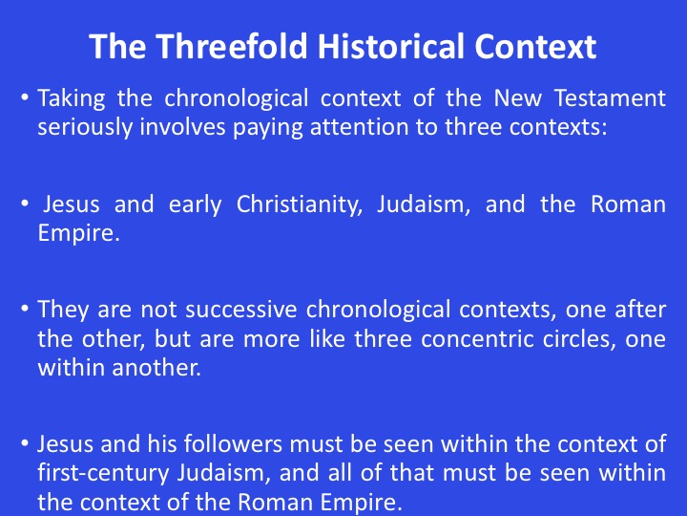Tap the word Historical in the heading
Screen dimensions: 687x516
pyautogui.click(x=391, y=46)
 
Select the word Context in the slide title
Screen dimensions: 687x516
pyautogui.click(x=535, y=46)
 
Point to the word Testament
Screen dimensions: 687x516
pyautogui.click(x=611, y=97)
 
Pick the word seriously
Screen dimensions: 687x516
pyautogui.click(x=85, y=128)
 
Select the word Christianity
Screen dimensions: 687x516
pyautogui.click(x=300, y=205)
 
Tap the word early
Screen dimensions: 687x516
pyautogui.click(x=195, y=205)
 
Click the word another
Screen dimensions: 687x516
pyautogui.click(x=156, y=368)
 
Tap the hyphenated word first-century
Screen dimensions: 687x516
pyautogui.click(x=102, y=474)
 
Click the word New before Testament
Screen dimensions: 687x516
pyautogui.click(x=517, y=97)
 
